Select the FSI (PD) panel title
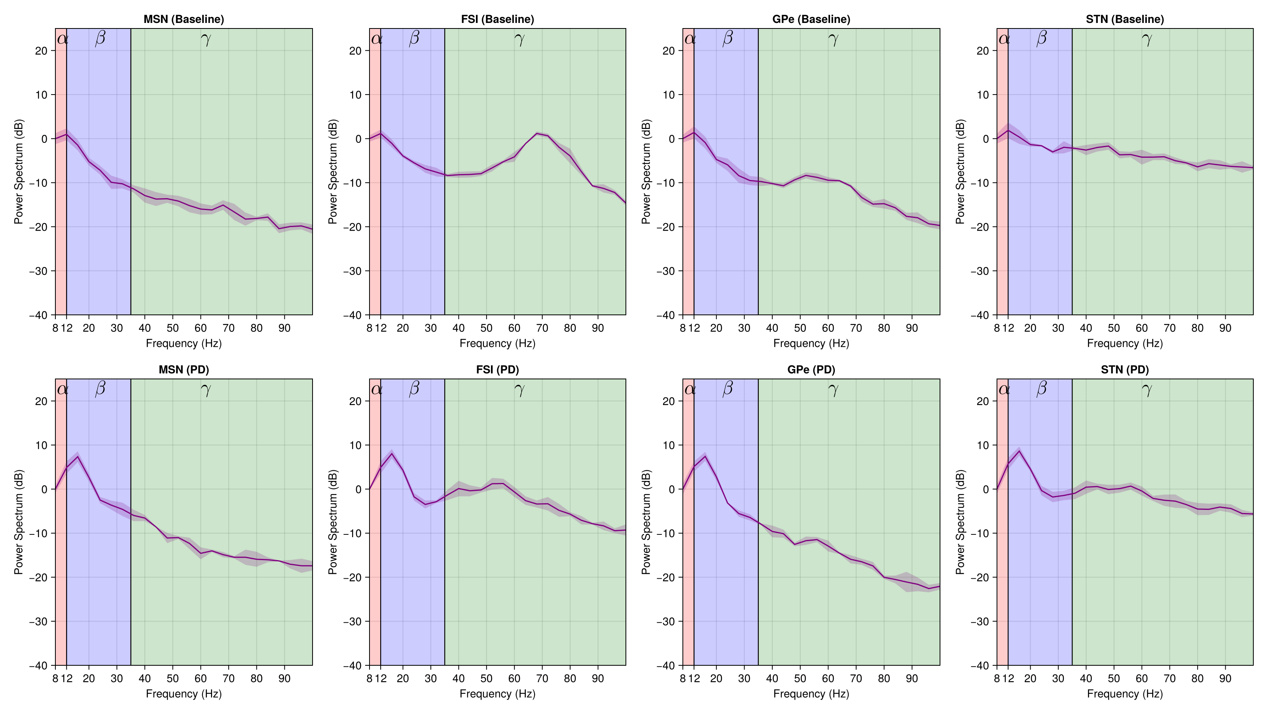(x=497, y=369)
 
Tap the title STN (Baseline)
(x=1124, y=19)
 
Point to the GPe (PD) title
(x=811, y=369)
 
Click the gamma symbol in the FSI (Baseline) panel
(x=519, y=39)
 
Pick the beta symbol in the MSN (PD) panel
(x=100, y=389)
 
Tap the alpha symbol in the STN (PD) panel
(x=1004, y=390)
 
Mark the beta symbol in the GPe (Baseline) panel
(x=728, y=38)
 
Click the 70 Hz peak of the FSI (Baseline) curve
(x=537, y=133)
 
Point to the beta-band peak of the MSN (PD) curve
(x=78, y=456)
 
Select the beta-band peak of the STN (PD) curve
(x=1019, y=451)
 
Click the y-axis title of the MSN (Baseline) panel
(x=19, y=172)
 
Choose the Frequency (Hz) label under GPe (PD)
(x=811, y=693)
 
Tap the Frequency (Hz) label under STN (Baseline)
(x=1124, y=343)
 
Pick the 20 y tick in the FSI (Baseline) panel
(x=355, y=51)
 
